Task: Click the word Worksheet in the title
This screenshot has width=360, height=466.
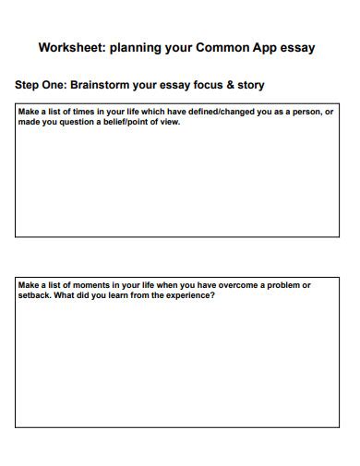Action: pos(69,47)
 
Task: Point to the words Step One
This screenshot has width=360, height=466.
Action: pos(40,85)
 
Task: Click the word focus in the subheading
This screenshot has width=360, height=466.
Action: pos(203,85)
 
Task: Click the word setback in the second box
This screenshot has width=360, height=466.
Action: pos(35,295)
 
